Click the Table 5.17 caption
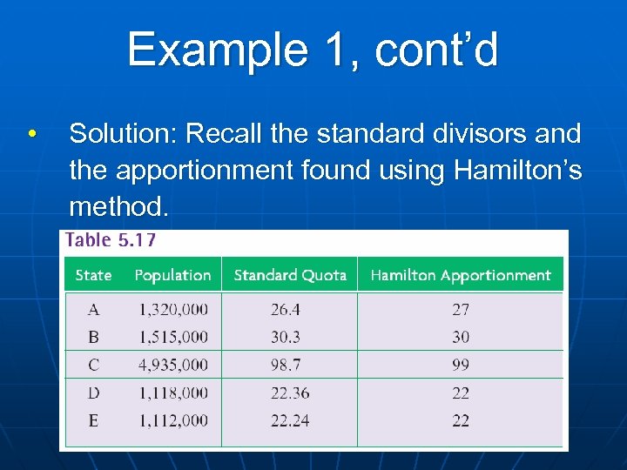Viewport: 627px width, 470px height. click(111, 241)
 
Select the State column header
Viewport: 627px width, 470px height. click(93, 275)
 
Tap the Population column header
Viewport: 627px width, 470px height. click(172, 275)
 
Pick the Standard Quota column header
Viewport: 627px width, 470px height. click(290, 275)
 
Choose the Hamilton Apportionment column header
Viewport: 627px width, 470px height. click(461, 275)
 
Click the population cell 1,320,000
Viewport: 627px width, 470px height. click(173, 309)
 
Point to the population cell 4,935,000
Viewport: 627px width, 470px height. click(173, 365)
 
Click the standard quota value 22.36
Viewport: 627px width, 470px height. click(290, 393)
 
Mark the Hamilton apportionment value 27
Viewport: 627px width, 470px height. click(461, 309)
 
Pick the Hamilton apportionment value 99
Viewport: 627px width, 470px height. click(461, 365)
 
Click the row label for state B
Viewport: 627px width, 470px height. click(93, 337)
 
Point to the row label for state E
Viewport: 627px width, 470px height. click(93, 420)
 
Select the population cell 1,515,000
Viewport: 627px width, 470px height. click(173, 337)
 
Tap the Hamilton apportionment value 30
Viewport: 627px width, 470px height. click(461, 337)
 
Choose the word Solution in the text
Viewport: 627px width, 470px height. click(122, 134)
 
